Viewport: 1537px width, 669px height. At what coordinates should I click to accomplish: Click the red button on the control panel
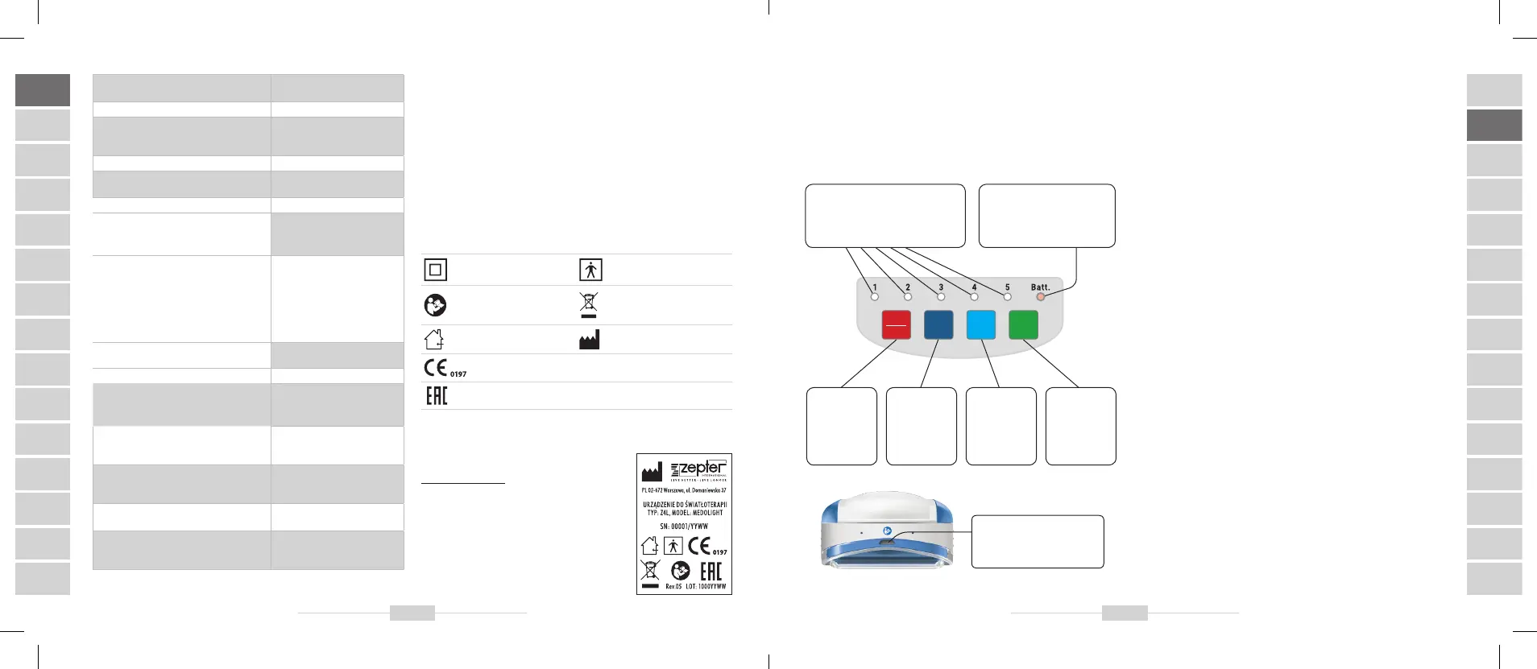(897, 325)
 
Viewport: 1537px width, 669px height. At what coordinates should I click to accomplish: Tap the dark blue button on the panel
(938, 325)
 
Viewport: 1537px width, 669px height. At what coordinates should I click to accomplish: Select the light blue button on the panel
(981, 325)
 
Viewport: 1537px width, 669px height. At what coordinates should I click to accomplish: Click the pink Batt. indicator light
(1040, 297)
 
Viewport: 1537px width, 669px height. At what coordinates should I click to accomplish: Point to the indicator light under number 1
(875, 297)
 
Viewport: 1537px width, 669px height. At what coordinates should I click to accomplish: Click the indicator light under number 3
(941, 297)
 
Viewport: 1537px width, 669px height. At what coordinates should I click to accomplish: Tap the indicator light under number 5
(1007, 297)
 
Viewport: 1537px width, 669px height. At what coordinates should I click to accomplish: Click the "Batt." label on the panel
(1040, 287)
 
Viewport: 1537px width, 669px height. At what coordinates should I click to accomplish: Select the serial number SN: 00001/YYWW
(684, 527)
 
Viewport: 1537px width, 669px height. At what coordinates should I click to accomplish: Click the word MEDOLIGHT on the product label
(707, 513)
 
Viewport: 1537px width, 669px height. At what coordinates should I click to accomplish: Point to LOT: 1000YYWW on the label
(706, 587)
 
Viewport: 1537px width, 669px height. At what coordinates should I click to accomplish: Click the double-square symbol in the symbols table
(435, 270)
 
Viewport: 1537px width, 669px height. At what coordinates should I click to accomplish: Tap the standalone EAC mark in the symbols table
(437, 395)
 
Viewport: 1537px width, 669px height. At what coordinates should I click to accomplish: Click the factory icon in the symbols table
(589, 340)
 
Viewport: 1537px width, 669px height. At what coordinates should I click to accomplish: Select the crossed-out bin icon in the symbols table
(589, 304)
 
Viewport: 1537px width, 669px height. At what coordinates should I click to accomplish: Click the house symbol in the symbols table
(434, 340)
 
